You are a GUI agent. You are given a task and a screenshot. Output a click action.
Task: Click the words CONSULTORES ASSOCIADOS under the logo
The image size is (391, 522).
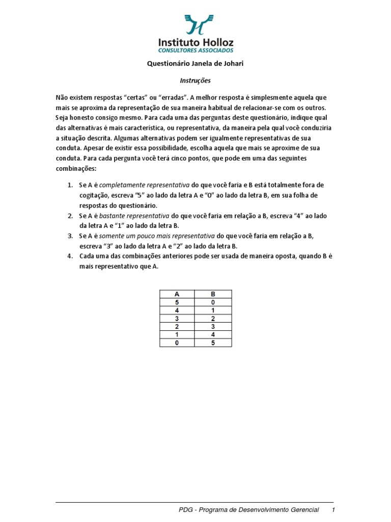196,50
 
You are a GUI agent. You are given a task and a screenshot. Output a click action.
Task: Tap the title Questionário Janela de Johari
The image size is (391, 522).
195,64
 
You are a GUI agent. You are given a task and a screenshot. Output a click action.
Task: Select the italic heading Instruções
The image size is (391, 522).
195,81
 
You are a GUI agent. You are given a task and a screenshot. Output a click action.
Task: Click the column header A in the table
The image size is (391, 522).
177,294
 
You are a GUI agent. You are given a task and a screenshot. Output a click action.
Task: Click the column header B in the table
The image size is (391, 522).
213,294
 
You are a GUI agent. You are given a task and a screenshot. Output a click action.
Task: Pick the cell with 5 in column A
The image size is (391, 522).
177,302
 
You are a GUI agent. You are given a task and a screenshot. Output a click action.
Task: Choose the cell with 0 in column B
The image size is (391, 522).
213,302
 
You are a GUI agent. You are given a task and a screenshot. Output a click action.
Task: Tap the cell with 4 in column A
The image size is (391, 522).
177,310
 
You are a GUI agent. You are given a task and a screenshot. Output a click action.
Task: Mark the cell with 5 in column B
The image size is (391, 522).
213,343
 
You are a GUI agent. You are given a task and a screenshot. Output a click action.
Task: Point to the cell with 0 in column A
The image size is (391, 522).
177,343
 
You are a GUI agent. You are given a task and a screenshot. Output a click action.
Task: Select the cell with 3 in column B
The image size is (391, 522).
213,327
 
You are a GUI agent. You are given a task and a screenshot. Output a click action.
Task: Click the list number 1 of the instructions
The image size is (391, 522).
70,185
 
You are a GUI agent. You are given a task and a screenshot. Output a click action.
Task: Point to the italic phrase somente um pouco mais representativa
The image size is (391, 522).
157,236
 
